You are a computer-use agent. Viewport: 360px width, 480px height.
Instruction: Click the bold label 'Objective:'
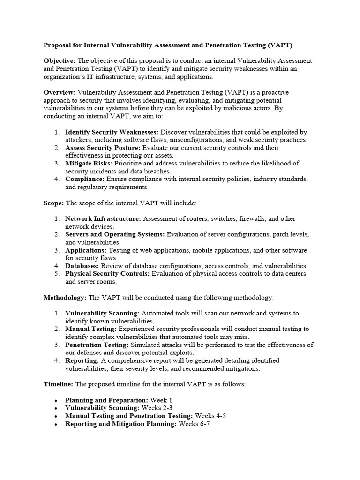pyautogui.click(x=60, y=61)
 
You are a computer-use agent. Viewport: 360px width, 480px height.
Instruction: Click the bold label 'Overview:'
pyautogui.click(x=60, y=92)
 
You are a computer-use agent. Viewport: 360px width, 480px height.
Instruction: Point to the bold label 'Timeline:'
pyautogui.click(x=58, y=384)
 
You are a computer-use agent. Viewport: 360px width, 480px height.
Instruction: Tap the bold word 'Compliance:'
pyautogui.click(x=85, y=179)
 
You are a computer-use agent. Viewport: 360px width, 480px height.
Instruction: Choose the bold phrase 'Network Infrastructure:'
pyautogui.click(x=103, y=218)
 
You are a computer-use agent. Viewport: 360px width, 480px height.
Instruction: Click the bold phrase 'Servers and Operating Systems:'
pyautogui.click(x=115, y=234)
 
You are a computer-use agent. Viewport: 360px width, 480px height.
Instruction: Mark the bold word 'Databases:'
pyautogui.click(x=82, y=265)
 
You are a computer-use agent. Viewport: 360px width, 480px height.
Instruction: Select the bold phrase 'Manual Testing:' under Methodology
pyautogui.click(x=89, y=329)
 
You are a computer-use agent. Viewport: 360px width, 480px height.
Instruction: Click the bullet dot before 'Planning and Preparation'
pyautogui.click(x=56, y=400)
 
